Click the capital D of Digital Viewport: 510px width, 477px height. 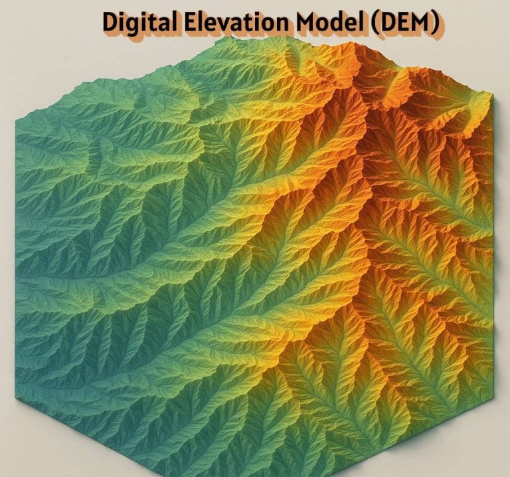tap(110, 23)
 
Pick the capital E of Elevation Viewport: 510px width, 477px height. tap(190, 23)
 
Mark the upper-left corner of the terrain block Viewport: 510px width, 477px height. tap(17, 116)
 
